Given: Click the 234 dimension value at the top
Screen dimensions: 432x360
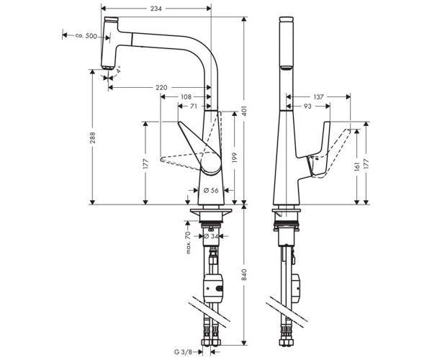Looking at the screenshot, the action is (156, 9).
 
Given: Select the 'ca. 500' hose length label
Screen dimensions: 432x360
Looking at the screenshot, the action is (86, 35).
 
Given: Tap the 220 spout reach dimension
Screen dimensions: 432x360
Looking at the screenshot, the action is (161, 88).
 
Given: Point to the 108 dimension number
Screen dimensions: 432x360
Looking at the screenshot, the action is (186, 96).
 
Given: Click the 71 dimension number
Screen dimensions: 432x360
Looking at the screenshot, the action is (194, 106).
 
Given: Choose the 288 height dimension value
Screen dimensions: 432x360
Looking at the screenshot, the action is (93, 138).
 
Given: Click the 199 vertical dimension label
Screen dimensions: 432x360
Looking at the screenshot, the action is (235, 158).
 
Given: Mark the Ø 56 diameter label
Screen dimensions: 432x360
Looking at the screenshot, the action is (211, 190).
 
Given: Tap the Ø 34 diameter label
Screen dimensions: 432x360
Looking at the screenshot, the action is (211, 236).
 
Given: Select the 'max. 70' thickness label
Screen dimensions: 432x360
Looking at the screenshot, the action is (188, 243).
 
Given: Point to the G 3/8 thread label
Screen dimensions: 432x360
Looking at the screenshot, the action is (183, 352).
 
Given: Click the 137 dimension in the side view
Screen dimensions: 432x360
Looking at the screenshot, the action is (318, 96).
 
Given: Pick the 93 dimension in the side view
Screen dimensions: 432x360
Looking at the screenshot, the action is (307, 106).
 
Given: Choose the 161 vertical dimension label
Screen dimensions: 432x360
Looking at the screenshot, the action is (357, 167).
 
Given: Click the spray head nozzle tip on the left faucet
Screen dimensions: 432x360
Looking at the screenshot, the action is (107, 68).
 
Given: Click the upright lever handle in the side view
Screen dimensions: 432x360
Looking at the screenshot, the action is (321, 149).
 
